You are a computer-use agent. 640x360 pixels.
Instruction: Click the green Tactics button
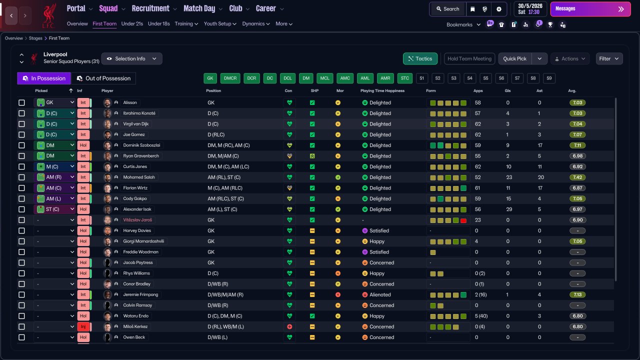coord(420,58)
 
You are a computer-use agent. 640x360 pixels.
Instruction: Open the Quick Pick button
coord(514,58)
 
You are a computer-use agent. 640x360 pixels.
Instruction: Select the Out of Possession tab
coord(103,78)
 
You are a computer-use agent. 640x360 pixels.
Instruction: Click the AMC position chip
coord(345,78)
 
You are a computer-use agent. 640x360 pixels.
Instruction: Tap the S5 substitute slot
coord(485,78)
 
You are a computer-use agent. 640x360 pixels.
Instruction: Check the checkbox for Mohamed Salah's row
coord(21,177)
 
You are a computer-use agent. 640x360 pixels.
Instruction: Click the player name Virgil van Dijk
coord(135,124)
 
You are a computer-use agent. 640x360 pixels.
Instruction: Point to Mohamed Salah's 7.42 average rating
coord(577,177)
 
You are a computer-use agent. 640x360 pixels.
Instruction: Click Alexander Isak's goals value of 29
coord(509,209)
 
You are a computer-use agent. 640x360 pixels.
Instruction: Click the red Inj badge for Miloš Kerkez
coord(83,326)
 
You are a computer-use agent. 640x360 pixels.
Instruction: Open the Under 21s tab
coord(132,23)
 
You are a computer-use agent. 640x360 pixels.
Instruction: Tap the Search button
coord(447,9)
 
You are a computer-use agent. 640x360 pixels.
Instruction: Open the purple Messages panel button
coord(590,9)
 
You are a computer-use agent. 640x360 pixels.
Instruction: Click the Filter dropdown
coord(609,58)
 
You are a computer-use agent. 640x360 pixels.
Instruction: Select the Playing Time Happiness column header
coord(382,90)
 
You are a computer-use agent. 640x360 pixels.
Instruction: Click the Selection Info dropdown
coord(131,58)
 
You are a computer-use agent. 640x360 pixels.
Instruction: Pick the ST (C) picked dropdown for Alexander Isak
coord(54,209)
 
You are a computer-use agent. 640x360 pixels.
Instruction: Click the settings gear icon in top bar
coord(499,9)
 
